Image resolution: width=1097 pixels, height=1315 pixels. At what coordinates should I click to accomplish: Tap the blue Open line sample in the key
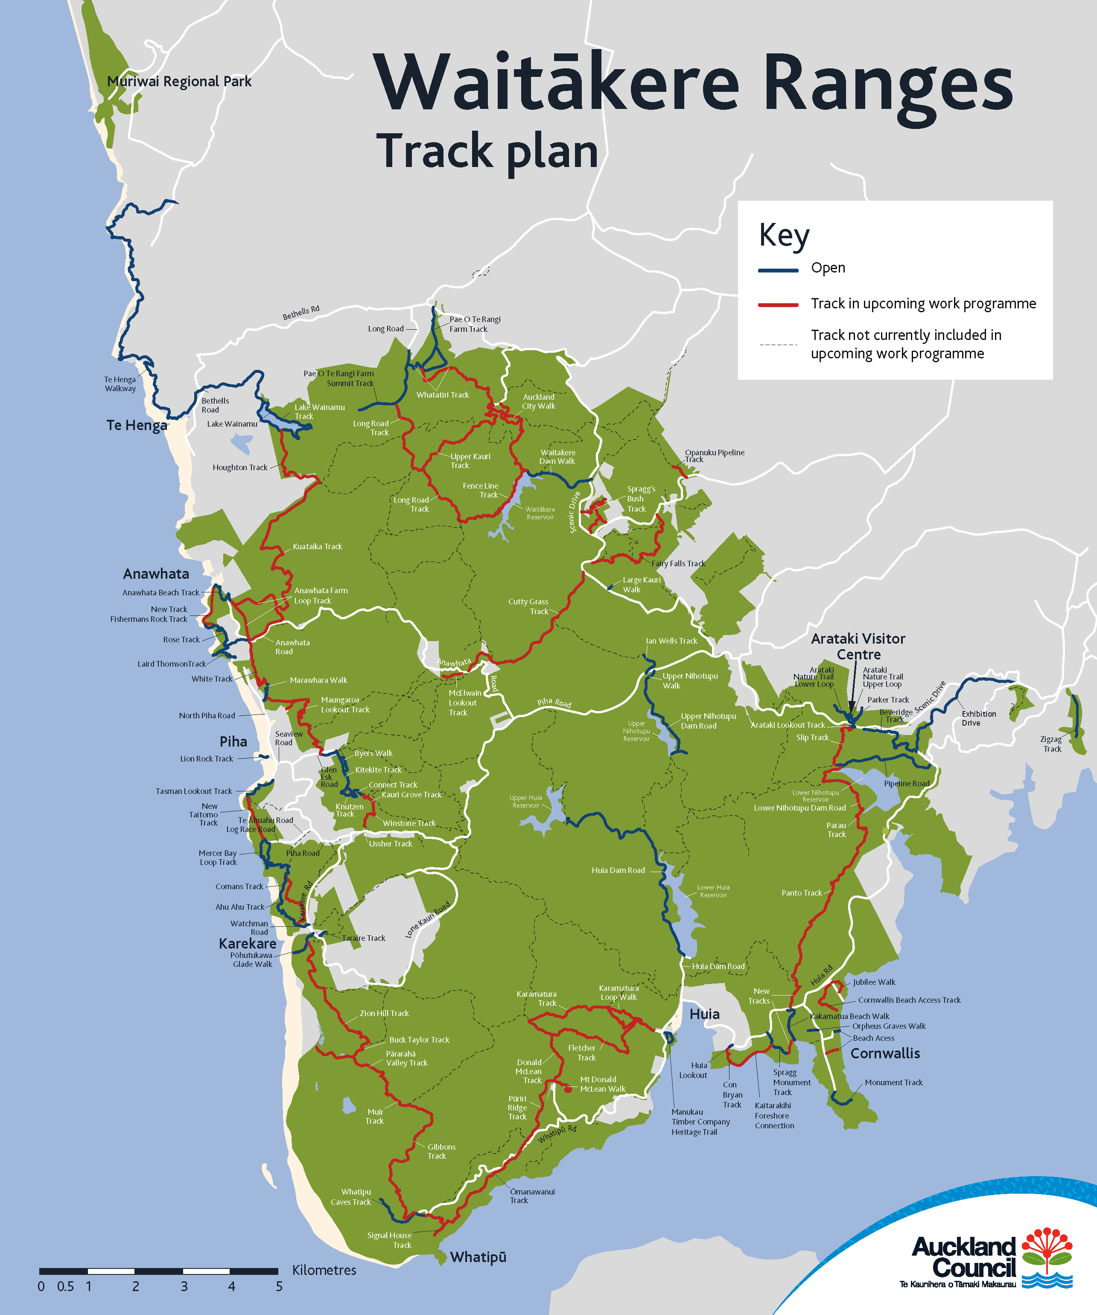(778, 270)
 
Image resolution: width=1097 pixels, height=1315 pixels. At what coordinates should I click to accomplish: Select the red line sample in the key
(778, 305)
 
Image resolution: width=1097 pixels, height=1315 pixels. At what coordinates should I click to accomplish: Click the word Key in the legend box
(784, 236)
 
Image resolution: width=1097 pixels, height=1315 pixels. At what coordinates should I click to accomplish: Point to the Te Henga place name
(137, 425)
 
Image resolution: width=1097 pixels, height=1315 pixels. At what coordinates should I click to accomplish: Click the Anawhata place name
(156, 574)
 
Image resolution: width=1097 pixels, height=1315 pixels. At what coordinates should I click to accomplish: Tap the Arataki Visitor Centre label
(858, 646)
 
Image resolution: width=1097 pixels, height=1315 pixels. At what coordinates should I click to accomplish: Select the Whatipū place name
(478, 1257)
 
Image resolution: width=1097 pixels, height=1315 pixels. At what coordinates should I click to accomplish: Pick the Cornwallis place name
(885, 1053)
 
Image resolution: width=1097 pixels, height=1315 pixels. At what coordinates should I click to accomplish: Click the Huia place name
(705, 1014)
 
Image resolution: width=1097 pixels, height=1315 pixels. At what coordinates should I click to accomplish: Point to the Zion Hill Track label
(384, 1013)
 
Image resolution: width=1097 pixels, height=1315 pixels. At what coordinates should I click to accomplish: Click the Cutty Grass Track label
(529, 606)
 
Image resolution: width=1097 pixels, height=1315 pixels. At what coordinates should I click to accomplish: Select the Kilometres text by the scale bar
(324, 1270)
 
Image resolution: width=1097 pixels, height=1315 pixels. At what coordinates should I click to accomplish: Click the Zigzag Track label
(1051, 744)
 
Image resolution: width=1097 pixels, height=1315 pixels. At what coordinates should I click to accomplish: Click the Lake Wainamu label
(232, 424)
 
